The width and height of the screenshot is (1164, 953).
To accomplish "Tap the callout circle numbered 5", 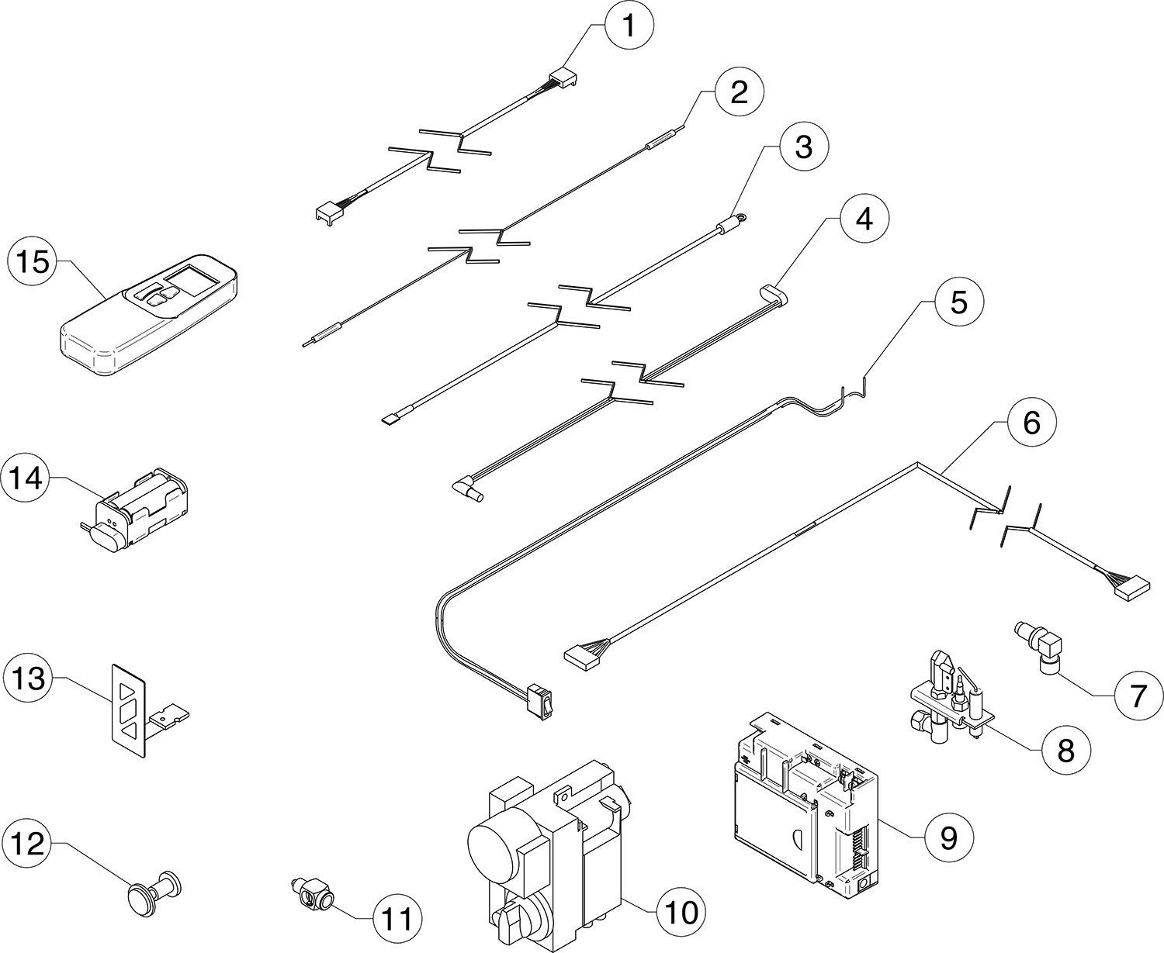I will coord(958,302).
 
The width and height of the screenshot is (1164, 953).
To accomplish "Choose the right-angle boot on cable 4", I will coord(467,489).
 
